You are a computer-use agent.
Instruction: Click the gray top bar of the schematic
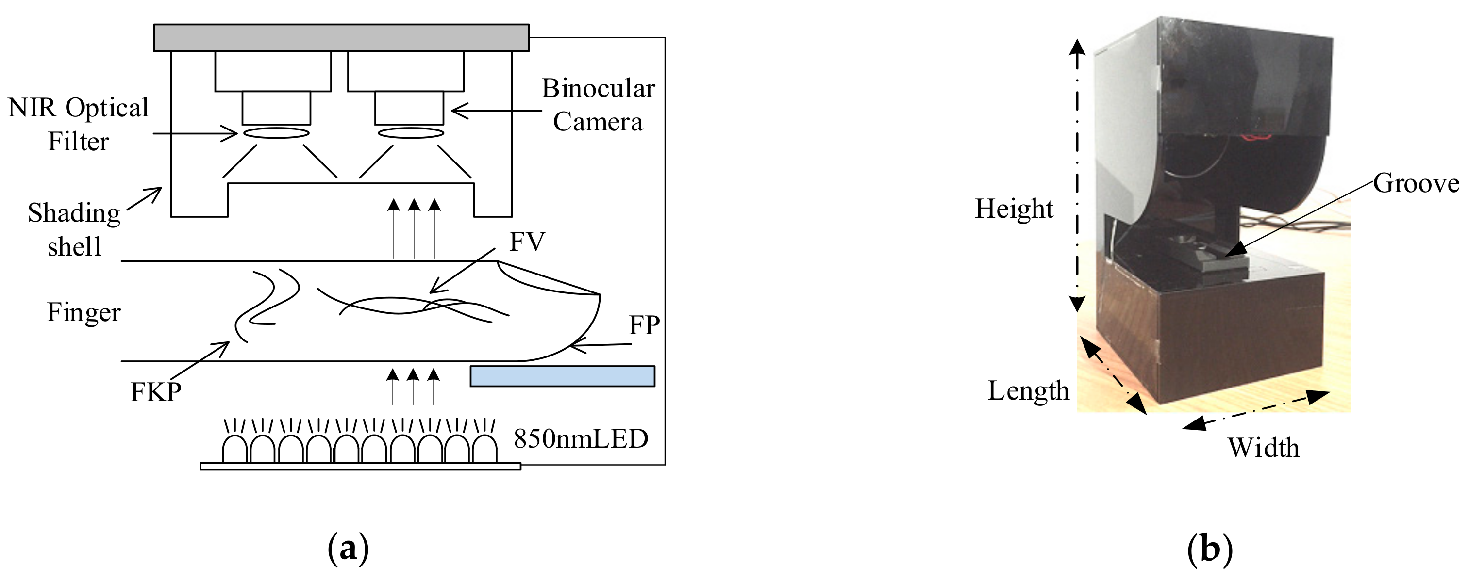(341, 37)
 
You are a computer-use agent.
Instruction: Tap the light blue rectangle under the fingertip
(562, 376)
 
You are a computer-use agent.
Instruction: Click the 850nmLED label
(581, 438)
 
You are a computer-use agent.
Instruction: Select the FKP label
(155, 392)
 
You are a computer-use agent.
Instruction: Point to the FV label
(527, 242)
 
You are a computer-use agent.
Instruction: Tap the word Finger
(84, 312)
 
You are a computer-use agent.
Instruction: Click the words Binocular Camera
(598, 105)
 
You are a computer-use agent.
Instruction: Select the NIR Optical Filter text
(78, 124)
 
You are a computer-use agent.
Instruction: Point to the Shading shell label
(74, 229)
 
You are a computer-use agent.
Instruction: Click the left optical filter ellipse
(276, 133)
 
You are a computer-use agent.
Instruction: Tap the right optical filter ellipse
(411, 133)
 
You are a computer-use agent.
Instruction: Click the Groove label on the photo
(1416, 183)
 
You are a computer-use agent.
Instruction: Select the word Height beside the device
(1014, 209)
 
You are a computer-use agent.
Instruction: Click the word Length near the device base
(1028, 390)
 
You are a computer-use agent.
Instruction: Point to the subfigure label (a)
(348, 549)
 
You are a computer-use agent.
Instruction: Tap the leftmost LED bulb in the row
(234, 450)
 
